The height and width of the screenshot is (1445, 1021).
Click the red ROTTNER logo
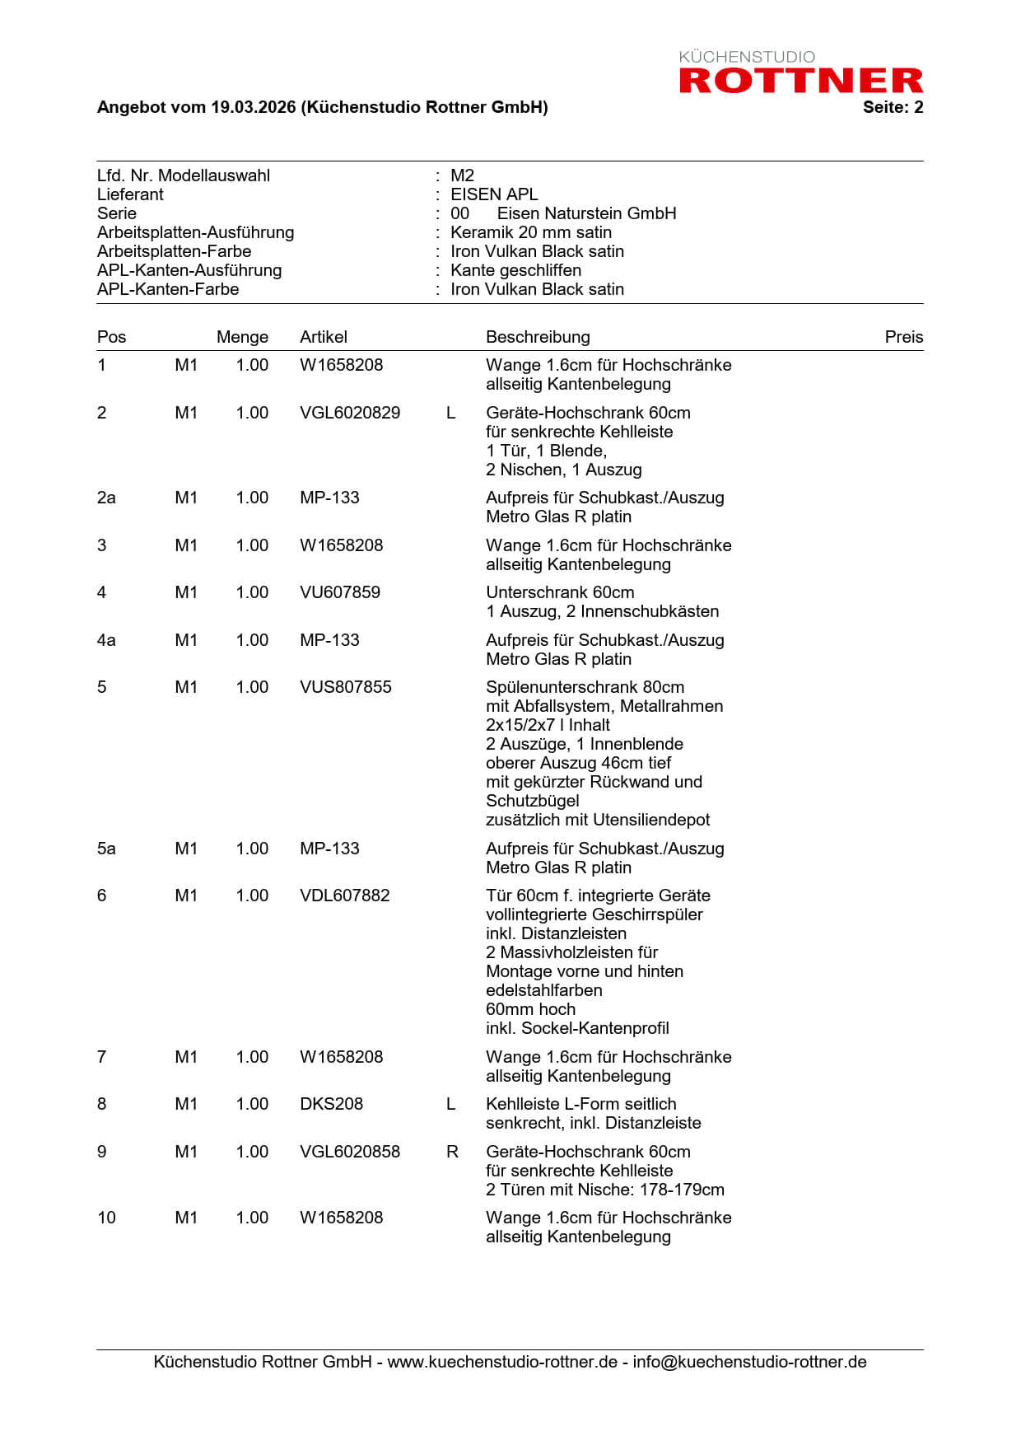[x=800, y=80]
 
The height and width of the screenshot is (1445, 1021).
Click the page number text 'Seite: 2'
[x=893, y=107]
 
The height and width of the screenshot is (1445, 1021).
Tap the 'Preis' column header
[x=903, y=337]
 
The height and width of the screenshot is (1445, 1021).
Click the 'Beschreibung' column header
[x=538, y=337]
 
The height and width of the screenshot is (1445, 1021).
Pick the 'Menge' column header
[x=242, y=337]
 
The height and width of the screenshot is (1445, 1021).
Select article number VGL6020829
[x=350, y=413]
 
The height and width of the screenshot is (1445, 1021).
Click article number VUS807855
[x=346, y=687]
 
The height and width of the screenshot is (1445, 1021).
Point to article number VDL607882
[x=345, y=896]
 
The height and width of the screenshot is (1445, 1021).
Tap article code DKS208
[x=331, y=1104]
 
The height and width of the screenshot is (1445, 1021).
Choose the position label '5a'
[x=106, y=849]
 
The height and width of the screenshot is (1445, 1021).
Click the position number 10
[x=106, y=1218]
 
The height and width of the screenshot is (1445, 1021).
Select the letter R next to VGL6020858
[x=452, y=1152]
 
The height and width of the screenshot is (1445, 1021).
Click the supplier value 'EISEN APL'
[x=494, y=194]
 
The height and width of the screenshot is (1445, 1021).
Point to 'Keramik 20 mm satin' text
[x=531, y=232]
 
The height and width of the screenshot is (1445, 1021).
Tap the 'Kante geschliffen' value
[x=515, y=270]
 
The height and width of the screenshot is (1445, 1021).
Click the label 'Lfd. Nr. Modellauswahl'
[x=184, y=175]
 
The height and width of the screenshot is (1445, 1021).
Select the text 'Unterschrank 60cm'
[x=560, y=592]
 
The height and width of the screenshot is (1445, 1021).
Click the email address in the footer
[x=749, y=1362]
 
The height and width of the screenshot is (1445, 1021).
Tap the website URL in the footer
[x=502, y=1362]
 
